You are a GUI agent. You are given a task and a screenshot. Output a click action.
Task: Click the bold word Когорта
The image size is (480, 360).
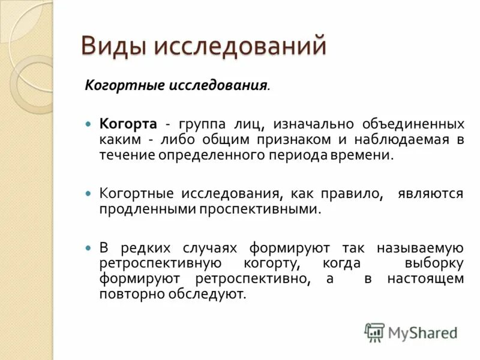(x=128, y=124)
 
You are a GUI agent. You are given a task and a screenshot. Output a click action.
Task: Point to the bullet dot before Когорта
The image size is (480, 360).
(x=88, y=124)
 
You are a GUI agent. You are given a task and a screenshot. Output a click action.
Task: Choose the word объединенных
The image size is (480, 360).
(x=413, y=124)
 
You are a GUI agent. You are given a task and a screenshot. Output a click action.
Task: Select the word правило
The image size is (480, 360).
(x=356, y=194)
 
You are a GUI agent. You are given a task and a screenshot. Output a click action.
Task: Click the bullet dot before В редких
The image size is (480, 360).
(x=88, y=248)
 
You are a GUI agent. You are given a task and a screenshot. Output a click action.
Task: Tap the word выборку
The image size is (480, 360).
(x=434, y=264)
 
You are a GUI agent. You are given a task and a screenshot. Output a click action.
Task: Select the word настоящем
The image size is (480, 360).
(x=425, y=279)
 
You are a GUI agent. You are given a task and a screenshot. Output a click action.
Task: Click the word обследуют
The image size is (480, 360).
(x=209, y=295)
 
